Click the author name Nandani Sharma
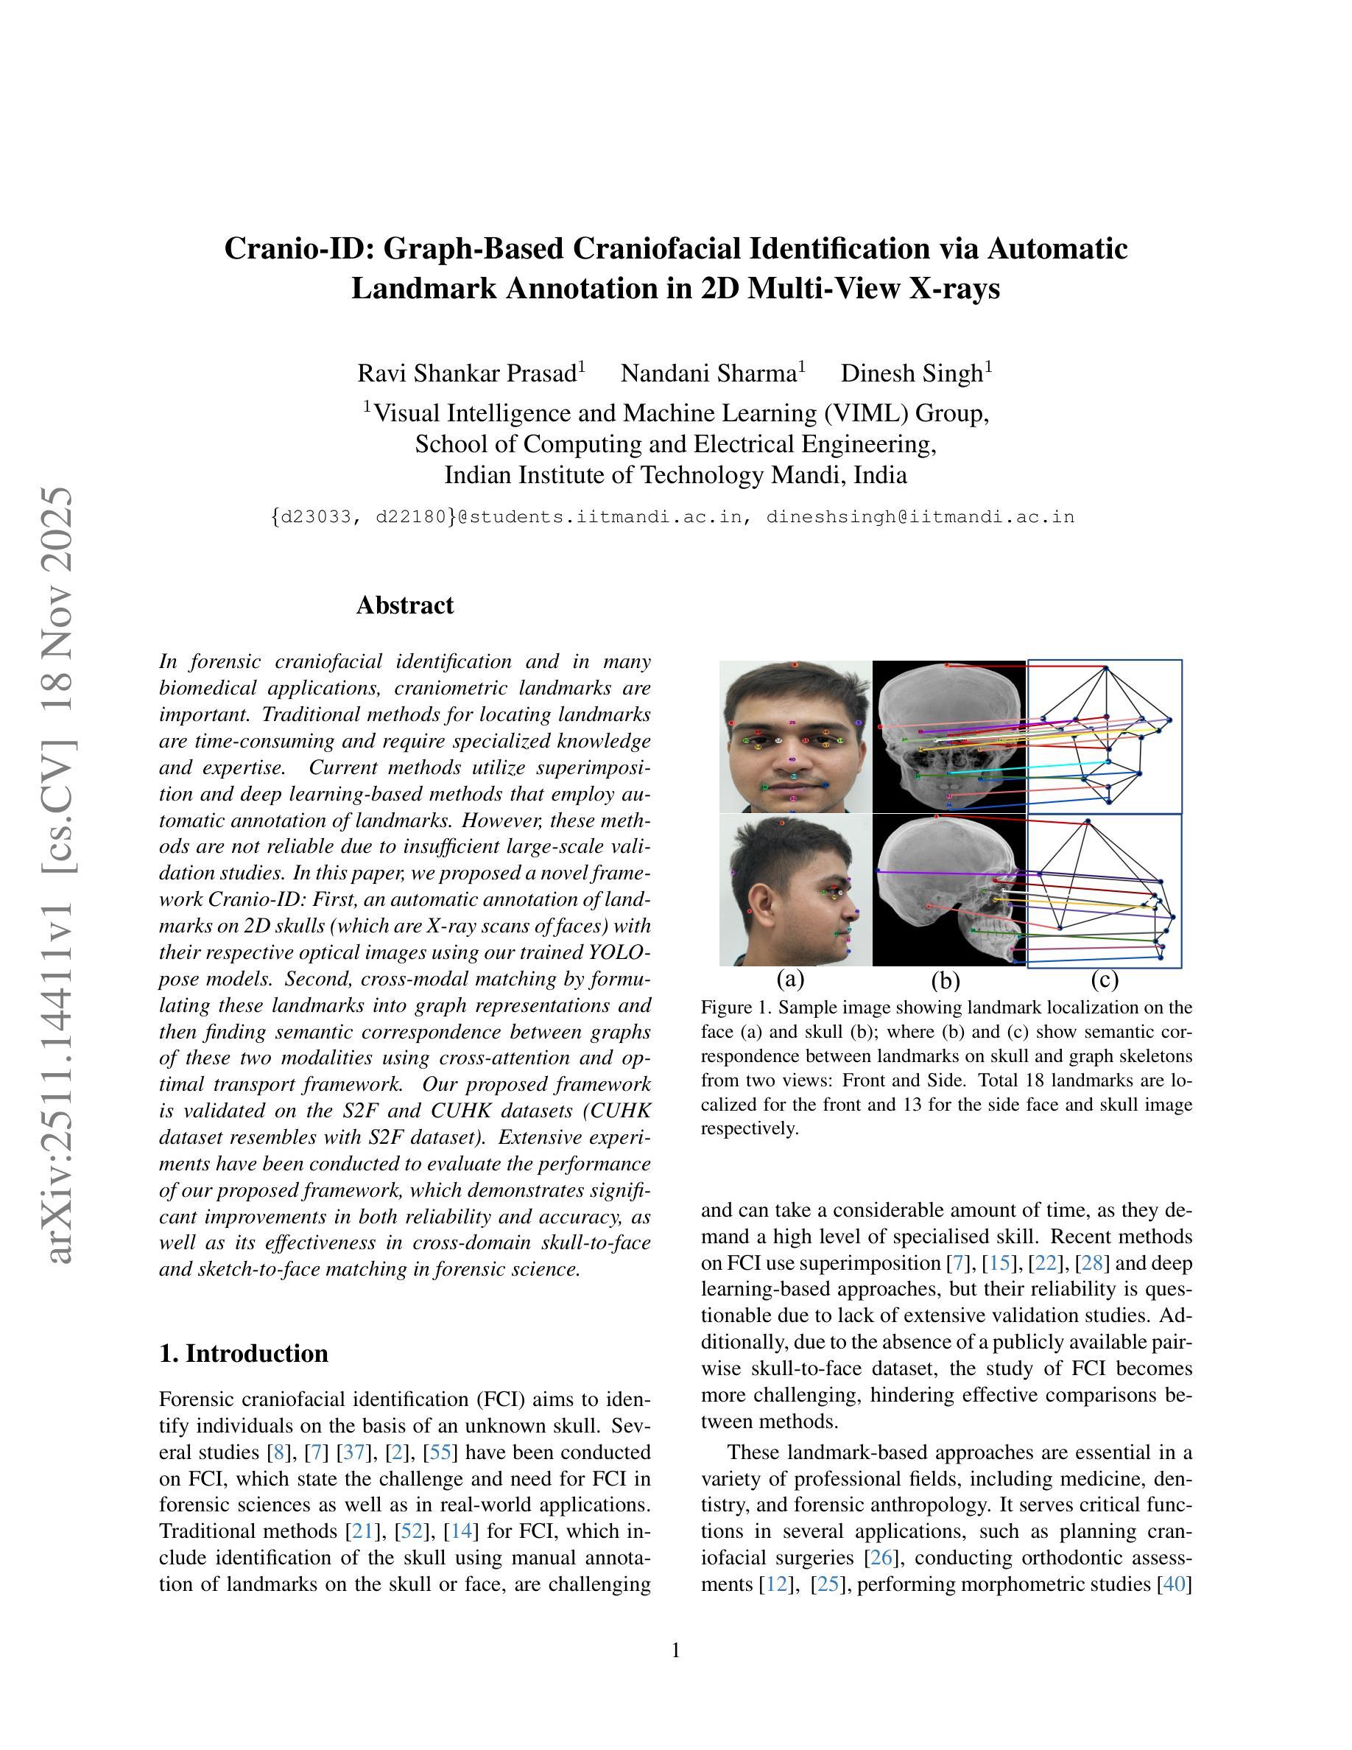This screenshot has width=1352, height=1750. pyautogui.click(x=709, y=373)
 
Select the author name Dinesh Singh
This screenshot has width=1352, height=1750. pyautogui.click(x=912, y=373)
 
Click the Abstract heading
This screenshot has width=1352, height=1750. pyautogui.click(x=404, y=605)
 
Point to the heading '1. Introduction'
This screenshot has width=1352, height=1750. pyautogui.click(x=244, y=1353)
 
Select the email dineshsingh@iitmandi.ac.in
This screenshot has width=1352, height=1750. pyautogui.click(x=920, y=517)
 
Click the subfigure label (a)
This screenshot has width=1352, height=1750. pyautogui.click(x=789, y=978)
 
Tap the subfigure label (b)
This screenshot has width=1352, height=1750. pyautogui.click(x=945, y=979)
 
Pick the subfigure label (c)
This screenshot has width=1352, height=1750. pyautogui.click(x=1104, y=979)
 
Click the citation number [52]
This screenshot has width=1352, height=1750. pyautogui.click(x=412, y=1531)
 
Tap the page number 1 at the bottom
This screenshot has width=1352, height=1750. pyautogui.click(x=675, y=1650)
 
